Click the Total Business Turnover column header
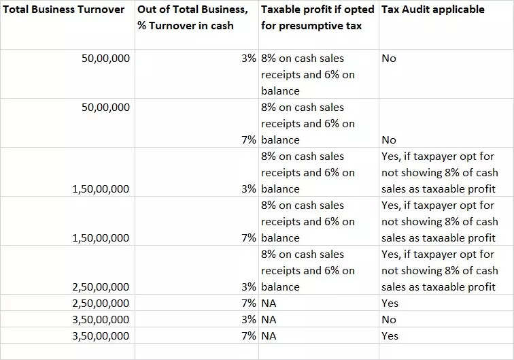pos(65,10)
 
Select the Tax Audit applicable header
pos(433,10)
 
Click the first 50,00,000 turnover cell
pos(105,59)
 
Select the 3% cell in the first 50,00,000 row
pos(248,59)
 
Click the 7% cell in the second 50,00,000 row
pos(248,140)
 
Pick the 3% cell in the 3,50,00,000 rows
pos(248,320)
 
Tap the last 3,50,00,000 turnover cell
pos(100,336)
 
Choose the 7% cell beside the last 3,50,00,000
pos(248,336)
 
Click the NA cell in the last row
pos(269,336)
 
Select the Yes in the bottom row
pos(390,336)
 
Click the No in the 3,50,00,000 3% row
pos(389,320)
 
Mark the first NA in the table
pos(269,304)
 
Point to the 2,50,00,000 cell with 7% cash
pos(100,304)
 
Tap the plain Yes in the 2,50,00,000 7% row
pos(390,304)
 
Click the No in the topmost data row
pos(389,59)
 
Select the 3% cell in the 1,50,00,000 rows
pos(248,189)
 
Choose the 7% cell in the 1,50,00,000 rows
pos(248,238)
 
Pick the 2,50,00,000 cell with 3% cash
pos(100,287)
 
